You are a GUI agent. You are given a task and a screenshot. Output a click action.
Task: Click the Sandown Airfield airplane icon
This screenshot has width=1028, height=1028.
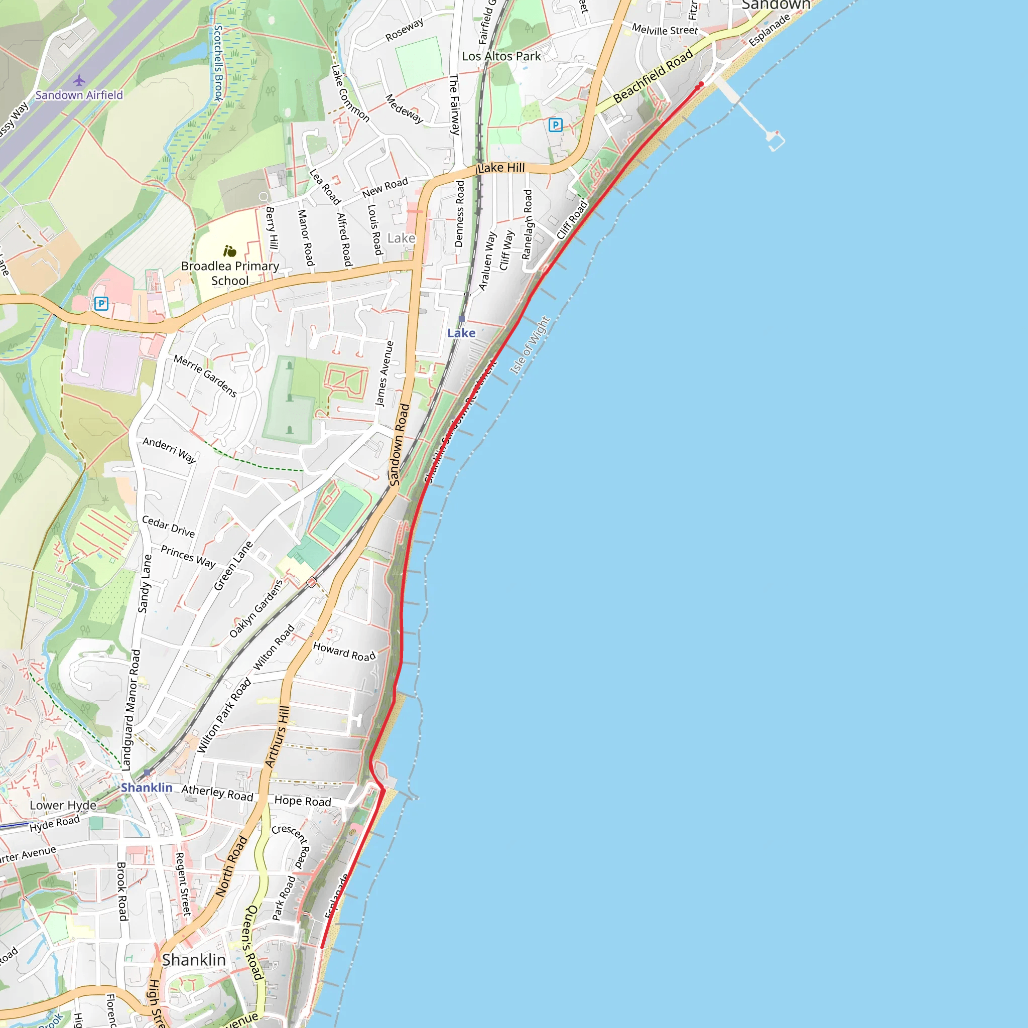tap(79, 80)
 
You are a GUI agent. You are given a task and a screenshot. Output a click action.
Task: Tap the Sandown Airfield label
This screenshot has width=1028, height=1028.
tap(79, 95)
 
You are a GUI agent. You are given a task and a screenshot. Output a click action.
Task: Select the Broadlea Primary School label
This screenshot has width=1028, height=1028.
tap(230, 273)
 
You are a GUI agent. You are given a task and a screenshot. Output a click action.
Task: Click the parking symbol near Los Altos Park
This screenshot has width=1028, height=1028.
tap(555, 125)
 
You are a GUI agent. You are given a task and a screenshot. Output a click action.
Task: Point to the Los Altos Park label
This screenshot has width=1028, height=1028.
tap(501, 56)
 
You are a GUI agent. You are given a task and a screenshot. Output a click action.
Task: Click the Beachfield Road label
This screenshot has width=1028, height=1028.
tap(653, 76)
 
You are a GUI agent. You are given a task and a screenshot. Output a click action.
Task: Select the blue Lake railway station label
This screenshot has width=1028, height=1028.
tap(461, 333)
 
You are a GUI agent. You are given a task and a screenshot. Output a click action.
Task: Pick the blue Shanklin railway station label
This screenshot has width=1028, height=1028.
tap(147, 788)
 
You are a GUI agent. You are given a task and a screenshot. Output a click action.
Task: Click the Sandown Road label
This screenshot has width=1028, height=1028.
tap(400, 445)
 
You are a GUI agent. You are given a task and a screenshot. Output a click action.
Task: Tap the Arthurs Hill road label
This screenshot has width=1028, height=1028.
tap(277, 736)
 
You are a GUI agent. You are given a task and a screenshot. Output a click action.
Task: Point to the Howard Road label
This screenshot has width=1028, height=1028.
tap(344, 652)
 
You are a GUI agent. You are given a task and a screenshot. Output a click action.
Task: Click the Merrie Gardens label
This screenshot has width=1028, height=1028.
tap(205, 376)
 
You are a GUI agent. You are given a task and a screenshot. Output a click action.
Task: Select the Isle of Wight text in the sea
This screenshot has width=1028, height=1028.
tap(530, 345)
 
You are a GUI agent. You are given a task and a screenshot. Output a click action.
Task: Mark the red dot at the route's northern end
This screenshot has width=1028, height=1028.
tap(701, 85)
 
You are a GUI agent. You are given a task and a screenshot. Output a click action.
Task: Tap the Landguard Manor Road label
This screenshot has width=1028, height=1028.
tap(131, 710)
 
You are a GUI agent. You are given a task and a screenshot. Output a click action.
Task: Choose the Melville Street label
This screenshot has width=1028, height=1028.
tap(665, 30)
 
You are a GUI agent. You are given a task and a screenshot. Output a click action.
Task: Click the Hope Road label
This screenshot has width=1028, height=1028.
tap(303, 801)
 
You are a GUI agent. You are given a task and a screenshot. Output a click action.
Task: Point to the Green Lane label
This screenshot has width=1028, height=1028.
tap(233, 566)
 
